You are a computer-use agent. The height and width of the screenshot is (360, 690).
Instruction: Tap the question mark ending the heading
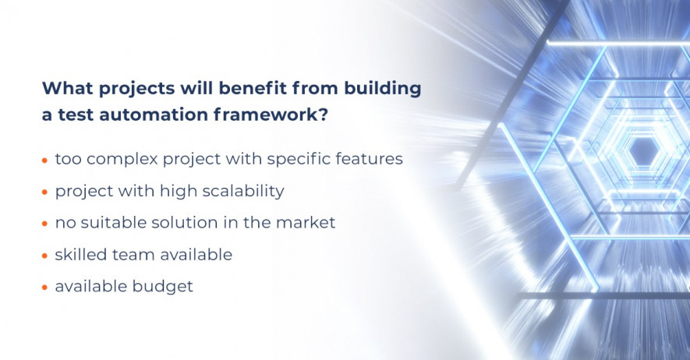tap(323, 115)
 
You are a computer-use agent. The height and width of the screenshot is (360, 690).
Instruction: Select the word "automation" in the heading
tap(154, 115)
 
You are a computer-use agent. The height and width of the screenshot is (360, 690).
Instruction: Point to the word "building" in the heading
tap(382, 89)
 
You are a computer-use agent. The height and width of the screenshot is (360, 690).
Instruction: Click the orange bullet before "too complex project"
tap(44, 161)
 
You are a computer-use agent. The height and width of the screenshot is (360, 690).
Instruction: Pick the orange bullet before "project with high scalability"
tap(44, 192)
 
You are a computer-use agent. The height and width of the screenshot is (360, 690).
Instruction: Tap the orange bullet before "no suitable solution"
tap(44, 224)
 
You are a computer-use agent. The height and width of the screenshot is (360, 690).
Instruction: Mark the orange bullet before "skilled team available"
tap(44, 256)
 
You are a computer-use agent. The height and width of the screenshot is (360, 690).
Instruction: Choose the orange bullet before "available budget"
tap(44, 288)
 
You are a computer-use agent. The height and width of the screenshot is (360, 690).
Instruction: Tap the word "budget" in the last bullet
tap(162, 287)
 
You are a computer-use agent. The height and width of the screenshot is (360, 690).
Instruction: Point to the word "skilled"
tap(80, 255)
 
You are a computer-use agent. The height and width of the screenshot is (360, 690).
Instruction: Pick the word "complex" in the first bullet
tap(122, 160)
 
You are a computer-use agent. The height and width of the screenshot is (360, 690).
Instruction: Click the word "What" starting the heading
tap(67, 88)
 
